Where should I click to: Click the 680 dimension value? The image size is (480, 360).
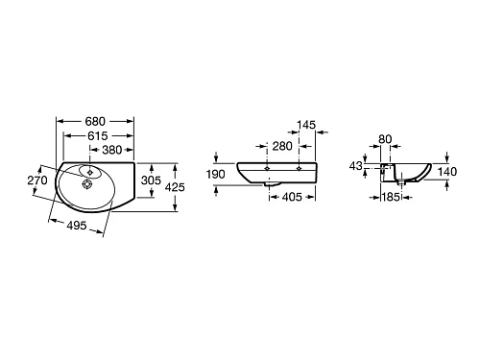pyautogui.click(x=95, y=121)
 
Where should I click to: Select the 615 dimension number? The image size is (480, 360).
pyautogui.click(x=97, y=135)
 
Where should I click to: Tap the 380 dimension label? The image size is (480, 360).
pyautogui.click(x=111, y=150)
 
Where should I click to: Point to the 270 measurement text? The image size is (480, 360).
pyautogui.click(x=37, y=180)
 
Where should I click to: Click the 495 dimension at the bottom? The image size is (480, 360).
pyautogui.click(x=77, y=226)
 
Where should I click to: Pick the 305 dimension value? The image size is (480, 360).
pyautogui.click(x=151, y=180)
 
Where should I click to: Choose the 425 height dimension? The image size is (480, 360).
pyautogui.click(x=175, y=187)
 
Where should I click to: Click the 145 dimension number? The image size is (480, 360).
pyautogui.click(x=306, y=125)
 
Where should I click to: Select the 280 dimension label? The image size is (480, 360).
pyautogui.click(x=282, y=146)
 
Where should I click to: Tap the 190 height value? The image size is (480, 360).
pyautogui.click(x=215, y=175)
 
